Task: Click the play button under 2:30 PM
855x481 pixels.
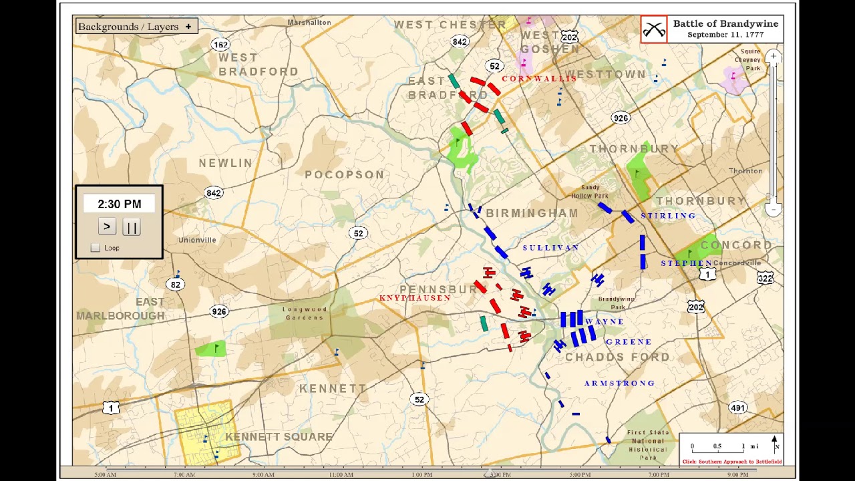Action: [107, 227]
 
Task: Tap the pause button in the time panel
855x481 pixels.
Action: [132, 227]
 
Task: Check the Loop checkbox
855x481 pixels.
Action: [95, 248]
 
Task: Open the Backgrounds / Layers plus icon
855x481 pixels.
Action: [188, 27]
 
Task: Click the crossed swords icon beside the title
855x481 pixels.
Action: [653, 29]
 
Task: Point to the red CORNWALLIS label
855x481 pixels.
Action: [538, 79]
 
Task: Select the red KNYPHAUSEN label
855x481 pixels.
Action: [415, 298]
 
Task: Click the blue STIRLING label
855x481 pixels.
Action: [668, 216]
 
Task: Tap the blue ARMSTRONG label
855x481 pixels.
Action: [619, 383]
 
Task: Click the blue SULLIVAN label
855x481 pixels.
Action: [550, 248]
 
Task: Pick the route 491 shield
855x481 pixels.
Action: [737, 408]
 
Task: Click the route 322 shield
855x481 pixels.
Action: [765, 278]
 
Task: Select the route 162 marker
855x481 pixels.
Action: [220, 45]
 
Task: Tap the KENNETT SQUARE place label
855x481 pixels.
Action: [279, 437]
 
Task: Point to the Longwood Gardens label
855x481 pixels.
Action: [305, 313]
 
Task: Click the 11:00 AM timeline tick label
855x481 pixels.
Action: [341, 475]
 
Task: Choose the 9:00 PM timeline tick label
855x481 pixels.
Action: [737, 475]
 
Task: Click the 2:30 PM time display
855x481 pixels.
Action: [119, 204]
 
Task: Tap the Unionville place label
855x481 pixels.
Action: [197, 240]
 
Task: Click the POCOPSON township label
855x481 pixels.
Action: [344, 175]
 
